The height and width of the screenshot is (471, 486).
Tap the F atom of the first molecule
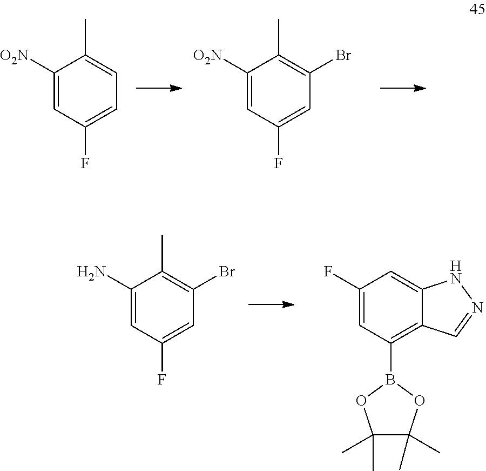pyautogui.click(x=85, y=163)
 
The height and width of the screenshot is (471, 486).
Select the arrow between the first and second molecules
pyautogui.click(x=159, y=88)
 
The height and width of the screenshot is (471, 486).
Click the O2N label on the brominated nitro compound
pyautogui.click(x=208, y=55)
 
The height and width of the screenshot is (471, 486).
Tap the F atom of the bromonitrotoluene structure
pyautogui.click(x=278, y=163)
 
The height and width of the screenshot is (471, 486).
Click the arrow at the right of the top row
pyautogui.click(x=403, y=88)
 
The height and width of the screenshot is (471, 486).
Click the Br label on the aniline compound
pyautogui.click(x=227, y=271)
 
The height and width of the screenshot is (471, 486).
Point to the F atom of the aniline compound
pyautogui.click(x=161, y=379)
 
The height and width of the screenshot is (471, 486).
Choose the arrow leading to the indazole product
pyautogui.click(x=271, y=304)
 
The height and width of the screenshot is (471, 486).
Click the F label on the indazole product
pyautogui.click(x=328, y=271)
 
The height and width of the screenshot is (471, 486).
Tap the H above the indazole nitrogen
pyautogui.click(x=456, y=265)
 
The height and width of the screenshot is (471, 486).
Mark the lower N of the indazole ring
pyautogui.click(x=477, y=308)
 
